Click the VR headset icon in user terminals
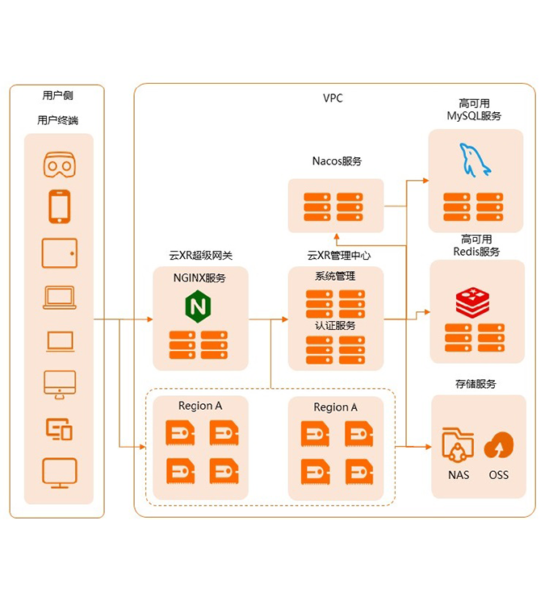point(60,165)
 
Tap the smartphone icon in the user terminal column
point(60,206)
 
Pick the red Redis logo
point(474,302)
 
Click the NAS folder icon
point(459,444)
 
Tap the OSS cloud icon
point(499,444)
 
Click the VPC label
point(333,98)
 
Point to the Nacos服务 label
point(337,161)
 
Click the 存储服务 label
point(476,384)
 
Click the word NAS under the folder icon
point(459,475)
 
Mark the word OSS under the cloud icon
point(499,475)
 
